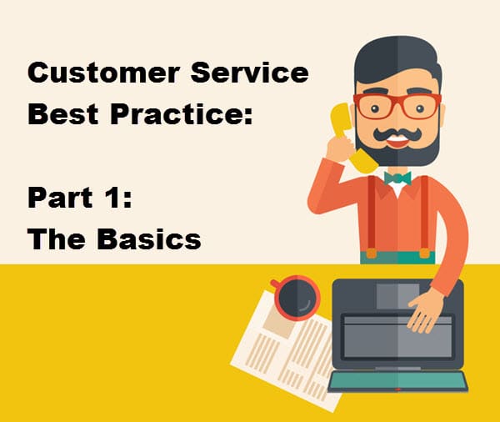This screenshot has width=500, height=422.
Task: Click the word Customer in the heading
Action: tap(103, 73)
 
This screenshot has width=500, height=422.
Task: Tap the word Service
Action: tap(250, 73)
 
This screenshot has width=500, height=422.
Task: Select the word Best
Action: tap(62, 114)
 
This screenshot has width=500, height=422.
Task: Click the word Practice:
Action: tap(181, 114)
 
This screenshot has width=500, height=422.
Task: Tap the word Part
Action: tap(60, 198)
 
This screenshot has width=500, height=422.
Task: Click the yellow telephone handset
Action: tap(351, 138)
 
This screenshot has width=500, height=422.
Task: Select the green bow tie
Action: tap(397, 178)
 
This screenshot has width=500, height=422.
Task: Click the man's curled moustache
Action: tap(397, 134)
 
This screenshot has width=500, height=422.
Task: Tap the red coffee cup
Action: tap(297, 298)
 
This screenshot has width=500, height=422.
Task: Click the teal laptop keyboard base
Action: tap(397, 381)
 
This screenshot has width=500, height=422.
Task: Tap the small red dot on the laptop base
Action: tap(397, 389)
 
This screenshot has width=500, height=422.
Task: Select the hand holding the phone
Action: tap(339, 148)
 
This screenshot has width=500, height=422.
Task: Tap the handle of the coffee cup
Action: tap(275, 283)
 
